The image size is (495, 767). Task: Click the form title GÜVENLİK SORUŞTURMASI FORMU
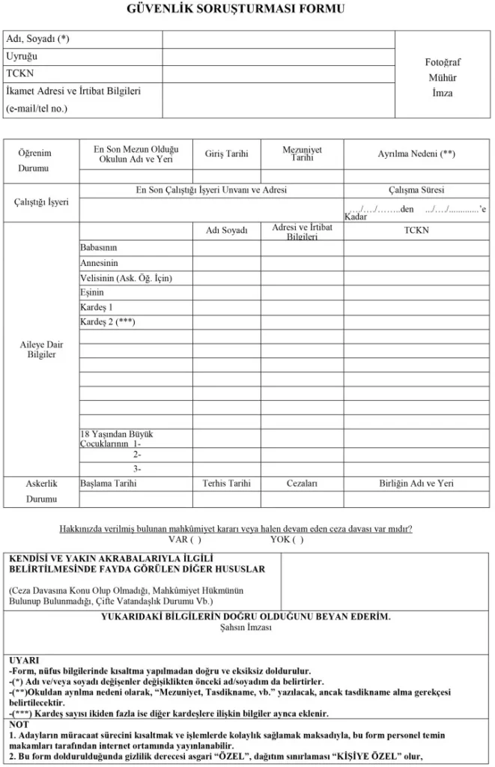[x=247, y=10]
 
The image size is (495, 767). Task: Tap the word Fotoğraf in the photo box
[x=443, y=63]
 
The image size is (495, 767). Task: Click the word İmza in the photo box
[x=443, y=93]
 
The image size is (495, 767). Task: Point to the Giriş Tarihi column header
[x=226, y=154]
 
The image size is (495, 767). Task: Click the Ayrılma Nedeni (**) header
[x=416, y=154]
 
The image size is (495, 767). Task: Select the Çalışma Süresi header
[x=416, y=190]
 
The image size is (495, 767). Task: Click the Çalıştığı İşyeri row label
[x=42, y=202]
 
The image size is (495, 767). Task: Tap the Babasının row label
[x=99, y=247]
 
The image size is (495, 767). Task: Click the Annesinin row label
[x=99, y=263]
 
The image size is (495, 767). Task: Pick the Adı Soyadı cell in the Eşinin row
[x=226, y=293]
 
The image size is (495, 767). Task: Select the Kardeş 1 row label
[x=97, y=307]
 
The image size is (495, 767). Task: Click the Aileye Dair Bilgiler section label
[x=41, y=349]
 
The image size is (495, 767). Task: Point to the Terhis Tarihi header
[x=226, y=484]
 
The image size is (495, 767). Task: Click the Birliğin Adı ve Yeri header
[x=416, y=484]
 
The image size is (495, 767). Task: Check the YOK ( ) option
[x=287, y=539]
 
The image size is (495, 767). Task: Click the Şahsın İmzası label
[x=246, y=628]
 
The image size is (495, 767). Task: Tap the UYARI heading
[x=24, y=661]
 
